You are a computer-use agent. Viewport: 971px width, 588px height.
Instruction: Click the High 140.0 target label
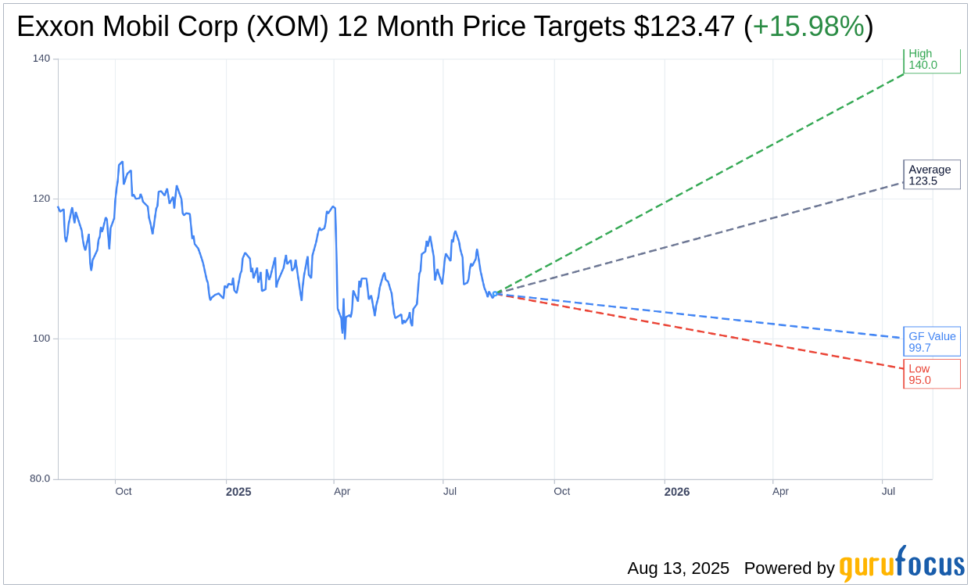(931, 59)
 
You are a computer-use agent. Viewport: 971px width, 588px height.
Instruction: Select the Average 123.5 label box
(931, 175)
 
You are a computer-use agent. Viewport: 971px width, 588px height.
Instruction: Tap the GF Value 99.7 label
(931, 342)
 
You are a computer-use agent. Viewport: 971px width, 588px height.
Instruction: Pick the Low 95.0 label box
(931, 374)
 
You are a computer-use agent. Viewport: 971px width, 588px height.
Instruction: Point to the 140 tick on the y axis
(41, 59)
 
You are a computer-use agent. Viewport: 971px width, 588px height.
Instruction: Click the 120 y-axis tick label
(41, 199)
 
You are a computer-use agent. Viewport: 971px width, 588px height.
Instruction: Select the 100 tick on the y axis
(41, 339)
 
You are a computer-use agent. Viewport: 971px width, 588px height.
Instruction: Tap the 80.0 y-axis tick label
(40, 479)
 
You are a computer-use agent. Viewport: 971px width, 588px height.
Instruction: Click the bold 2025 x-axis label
(238, 492)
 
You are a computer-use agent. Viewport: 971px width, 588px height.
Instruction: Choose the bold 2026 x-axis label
(677, 492)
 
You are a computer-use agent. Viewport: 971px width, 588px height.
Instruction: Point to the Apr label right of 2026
(780, 492)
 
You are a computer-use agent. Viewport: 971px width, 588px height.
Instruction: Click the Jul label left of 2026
(450, 492)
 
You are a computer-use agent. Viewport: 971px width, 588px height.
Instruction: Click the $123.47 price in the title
(684, 27)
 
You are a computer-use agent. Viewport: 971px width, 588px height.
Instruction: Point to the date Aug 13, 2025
(678, 568)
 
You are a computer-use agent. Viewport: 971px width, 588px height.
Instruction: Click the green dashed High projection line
(704, 179)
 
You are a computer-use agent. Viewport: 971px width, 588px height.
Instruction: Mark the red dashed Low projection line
(704, 331)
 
